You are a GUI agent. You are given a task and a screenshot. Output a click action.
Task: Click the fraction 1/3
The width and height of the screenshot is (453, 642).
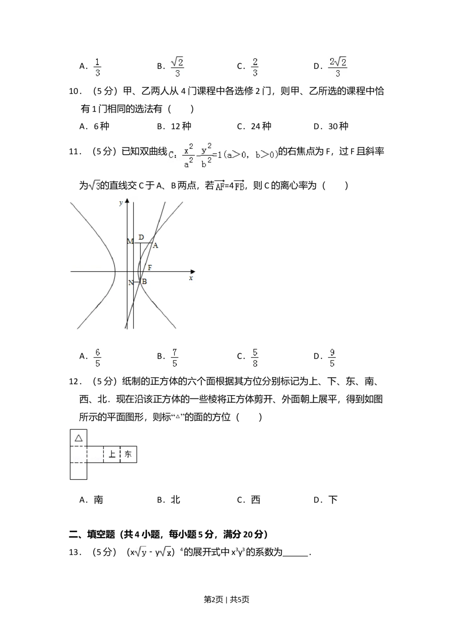point(96,67)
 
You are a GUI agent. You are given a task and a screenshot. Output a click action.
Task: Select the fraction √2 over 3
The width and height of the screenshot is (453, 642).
point(177,67)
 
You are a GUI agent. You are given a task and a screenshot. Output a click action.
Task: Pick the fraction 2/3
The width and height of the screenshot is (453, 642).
point(255,67)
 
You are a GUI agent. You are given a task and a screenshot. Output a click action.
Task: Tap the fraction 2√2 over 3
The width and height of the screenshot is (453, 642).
point(337,67)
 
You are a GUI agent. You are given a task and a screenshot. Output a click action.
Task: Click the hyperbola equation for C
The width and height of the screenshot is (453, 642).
point(223,156)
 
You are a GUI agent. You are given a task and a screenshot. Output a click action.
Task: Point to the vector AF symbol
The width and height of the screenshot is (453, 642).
point(220,185)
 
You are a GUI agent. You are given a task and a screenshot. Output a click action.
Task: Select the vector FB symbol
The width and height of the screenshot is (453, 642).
point(239,185)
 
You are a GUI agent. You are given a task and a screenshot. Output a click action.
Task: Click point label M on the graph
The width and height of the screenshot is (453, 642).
point(130,242)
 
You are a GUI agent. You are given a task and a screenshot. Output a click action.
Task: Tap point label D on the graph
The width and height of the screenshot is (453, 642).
point(141,238)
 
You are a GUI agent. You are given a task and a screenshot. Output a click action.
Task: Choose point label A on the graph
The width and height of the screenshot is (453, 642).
point(155,246)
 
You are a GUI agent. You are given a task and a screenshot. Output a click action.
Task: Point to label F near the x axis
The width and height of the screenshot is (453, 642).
point(149,267)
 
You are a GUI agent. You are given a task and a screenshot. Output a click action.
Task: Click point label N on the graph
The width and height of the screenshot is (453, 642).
point(131,283)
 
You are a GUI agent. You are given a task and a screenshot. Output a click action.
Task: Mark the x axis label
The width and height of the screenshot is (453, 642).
point(191,278)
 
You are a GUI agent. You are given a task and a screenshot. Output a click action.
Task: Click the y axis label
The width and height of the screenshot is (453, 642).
point(121,203)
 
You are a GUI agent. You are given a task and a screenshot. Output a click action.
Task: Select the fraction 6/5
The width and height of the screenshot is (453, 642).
point(96,357)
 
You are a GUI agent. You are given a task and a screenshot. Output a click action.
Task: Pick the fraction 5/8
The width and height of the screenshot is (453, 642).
point(255,357)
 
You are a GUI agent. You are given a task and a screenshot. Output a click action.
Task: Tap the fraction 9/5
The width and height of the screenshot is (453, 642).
point(332,357)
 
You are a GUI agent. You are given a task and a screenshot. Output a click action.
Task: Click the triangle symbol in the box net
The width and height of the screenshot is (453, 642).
point(78,438)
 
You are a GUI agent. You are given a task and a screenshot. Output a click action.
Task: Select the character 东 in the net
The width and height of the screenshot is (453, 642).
point(128,454)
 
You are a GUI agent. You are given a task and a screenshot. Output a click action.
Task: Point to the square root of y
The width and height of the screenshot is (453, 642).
point(141,552)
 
